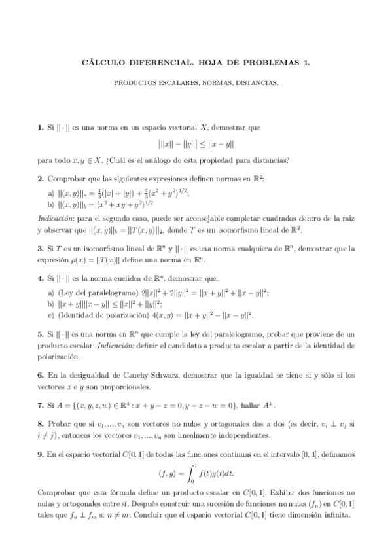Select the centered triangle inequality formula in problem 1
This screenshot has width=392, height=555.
(196, 143)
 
